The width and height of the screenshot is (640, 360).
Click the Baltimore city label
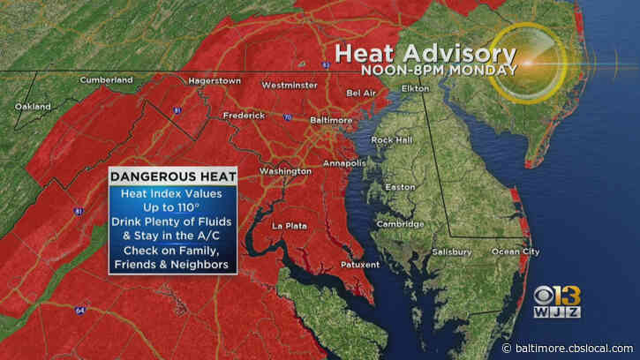pos(306,119)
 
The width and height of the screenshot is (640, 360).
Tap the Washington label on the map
pos(284,170)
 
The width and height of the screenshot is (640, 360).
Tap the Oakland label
pos(33,107)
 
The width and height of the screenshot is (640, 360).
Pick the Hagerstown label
pos(214,80)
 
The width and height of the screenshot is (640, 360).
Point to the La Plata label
pos(289,226)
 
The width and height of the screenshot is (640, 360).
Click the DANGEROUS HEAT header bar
pos(173,176)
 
